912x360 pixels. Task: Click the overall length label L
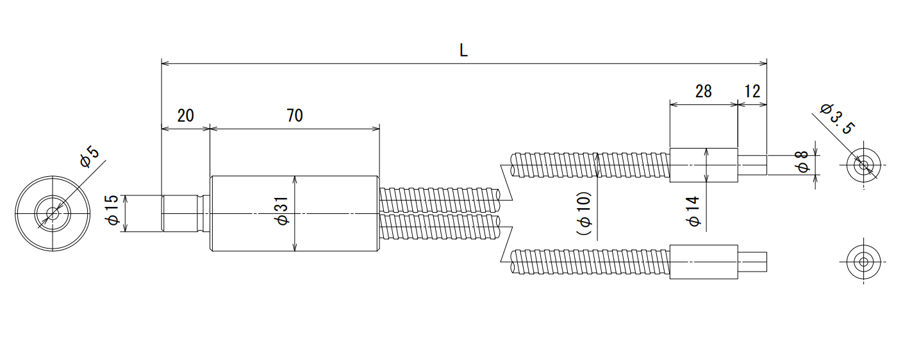(x=463, y=51)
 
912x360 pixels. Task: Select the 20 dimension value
(x=185, y=116)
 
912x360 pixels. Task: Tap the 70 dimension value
(x=294, y=116)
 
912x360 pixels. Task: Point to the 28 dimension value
(x=704, y=92)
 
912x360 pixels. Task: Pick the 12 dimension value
(x=752, y=92)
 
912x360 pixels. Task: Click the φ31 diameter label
(x=282, y=210)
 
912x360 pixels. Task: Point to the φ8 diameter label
(x=802, y=162)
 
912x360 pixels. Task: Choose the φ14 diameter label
(x=693, y=211)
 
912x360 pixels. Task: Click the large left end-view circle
(x=53, y=176)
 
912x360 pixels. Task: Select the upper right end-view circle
(x=863, y=149)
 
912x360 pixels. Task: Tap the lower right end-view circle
(x=863, y=245)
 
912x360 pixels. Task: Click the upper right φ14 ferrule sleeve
(x=704, y=165)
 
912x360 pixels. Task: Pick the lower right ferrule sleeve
(x=704, y=262)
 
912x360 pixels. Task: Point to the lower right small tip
(x=752, y=262)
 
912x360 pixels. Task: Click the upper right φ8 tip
(x=752, y=165)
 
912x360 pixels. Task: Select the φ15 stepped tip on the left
(x=186, y=213)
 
